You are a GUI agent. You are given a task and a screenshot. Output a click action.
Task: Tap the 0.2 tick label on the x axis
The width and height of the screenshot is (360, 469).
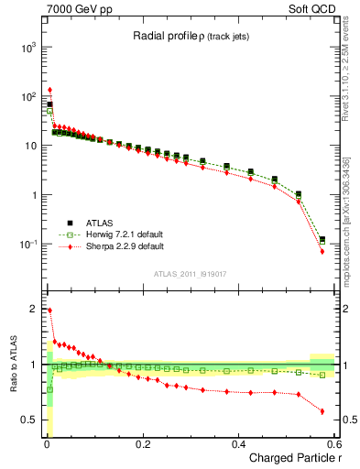[x=143, y=443]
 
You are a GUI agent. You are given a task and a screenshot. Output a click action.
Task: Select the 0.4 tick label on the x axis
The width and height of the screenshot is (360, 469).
[x=239, y=443]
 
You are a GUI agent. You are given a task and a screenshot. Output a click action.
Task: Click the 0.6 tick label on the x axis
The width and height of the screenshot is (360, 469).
[x=334, y=443]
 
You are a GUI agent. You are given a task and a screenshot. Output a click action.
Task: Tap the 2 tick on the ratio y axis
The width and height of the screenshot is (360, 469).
[x=34, y=309]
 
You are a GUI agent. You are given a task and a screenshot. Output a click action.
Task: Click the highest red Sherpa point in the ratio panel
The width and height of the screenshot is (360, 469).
[x=49, y=311]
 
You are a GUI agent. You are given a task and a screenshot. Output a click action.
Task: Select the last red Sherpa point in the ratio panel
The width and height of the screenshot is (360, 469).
[x=322, y=411]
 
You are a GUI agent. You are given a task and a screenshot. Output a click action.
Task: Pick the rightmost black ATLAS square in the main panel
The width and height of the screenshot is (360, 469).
[x=322, y=240]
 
